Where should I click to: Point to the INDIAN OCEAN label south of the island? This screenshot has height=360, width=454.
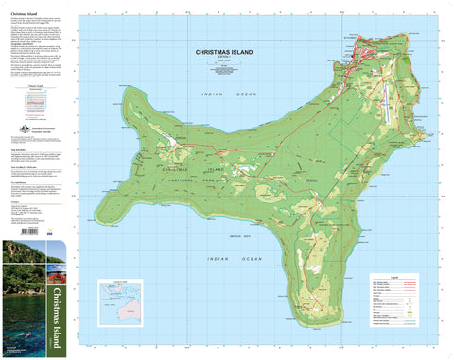[226, 258]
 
